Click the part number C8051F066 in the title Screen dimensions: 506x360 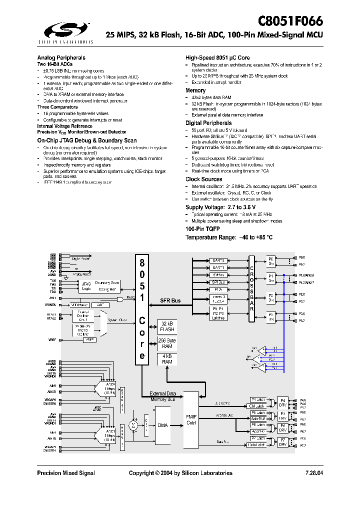tap(290, 21)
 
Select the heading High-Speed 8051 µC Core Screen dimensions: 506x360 tap(217, 58)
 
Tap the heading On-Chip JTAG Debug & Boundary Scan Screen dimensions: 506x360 tap(86, 140)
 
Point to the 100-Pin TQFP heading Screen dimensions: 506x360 tap(202, 228)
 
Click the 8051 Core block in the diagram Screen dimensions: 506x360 tap(142, 309)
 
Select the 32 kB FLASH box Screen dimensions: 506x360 tap(167, 326)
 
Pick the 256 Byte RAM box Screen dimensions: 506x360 tap(167, 343)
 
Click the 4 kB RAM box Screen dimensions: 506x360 tap(167, 359)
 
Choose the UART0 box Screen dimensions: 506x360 tap(218, 260)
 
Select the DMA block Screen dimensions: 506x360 tap(163, 425)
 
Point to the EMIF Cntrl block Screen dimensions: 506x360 tap(191, 419)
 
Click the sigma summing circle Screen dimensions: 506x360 tap(133, 425)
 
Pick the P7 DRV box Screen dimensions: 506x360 tap(282, 441)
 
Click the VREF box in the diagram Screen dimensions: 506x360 tap(89, 340)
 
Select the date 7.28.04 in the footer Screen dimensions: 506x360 tap(313, 473)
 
